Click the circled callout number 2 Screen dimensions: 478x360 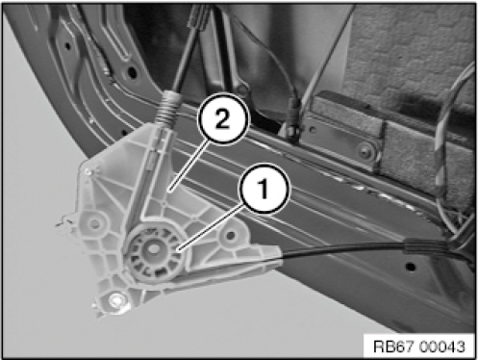pyautogui.click(x=223, y=119)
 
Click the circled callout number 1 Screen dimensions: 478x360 pyautogui.click(x=264, y=189)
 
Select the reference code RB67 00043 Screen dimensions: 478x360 pyautogui.click(x=419, y=347)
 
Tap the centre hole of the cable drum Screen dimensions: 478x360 pyautogui.click(x=153, y=248)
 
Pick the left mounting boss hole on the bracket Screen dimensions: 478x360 pyautogui.click(x=95, y=223)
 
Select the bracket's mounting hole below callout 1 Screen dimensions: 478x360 pyautogui.click(x=230, y=237)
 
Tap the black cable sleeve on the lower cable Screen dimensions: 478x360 pyautogui.click(x=424, y=246)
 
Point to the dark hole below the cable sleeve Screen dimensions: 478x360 pyautogui.click(x=410, y=267)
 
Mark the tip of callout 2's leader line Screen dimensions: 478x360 pyautogui.click(x=170, y=191)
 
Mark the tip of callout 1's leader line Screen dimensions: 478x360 pyautogui.click(x=180, y=248)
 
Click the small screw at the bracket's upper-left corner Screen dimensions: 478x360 pyautogui.click(x=88, y=172)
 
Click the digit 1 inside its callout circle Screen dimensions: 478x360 pyautogui.click(x=264, y=189)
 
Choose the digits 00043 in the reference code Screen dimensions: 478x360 pyautogui.click(x=442, y=347)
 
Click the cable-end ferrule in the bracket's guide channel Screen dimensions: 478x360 pyautogui.click(x=154, y=157)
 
